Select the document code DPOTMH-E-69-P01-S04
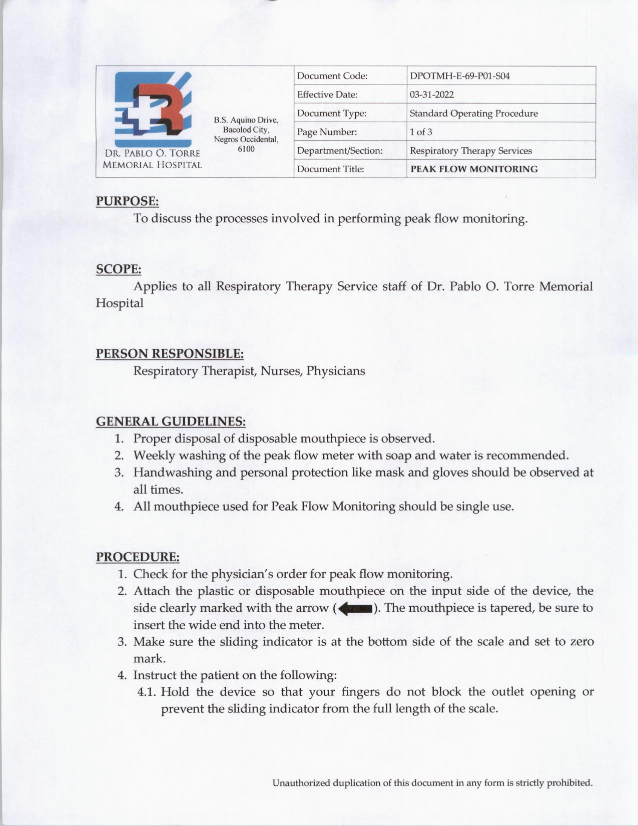click(459, 76)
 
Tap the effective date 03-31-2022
click(431, 95)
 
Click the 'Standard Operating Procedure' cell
click(473, 114)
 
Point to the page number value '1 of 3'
click(421, 132)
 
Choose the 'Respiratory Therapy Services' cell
click(470, 151)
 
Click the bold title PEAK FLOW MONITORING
click(474, 169)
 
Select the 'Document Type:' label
click(331, 114)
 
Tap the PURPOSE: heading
click(127, 201)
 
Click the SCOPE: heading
click(119, 269)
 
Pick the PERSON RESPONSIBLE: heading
click(170, 354)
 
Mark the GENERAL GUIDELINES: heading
click(171, 422)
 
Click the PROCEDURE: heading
click(138, 557)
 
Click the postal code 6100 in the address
click(246, 149)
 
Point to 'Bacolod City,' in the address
click(246, 130)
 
